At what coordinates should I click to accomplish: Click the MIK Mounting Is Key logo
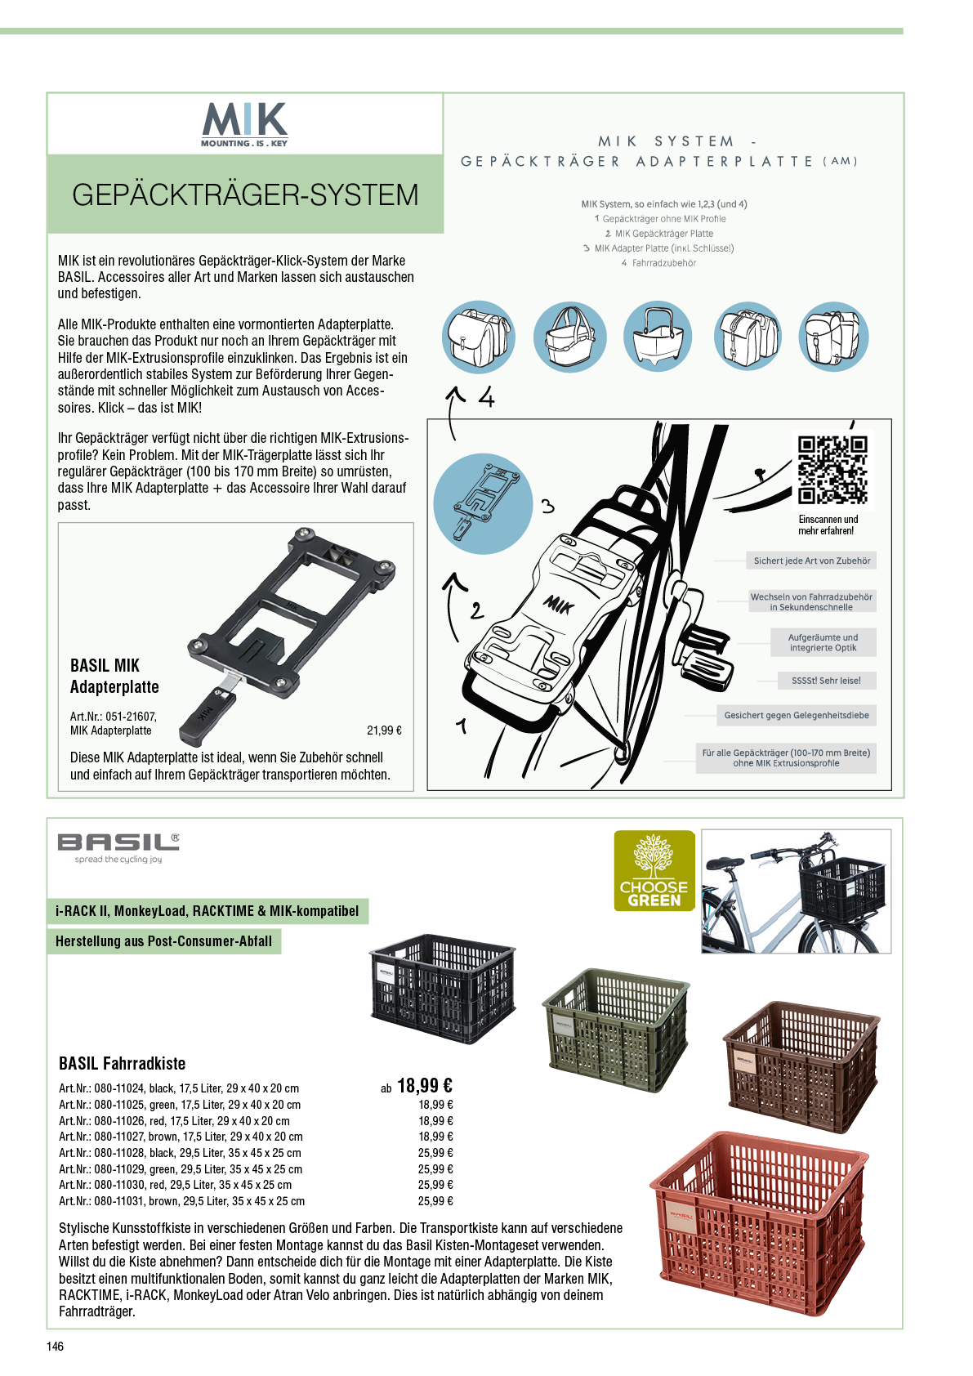point(244,125)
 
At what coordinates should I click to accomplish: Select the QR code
point(832,470)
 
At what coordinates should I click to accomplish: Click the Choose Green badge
point(654,870)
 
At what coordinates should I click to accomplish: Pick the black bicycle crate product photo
point(443,989)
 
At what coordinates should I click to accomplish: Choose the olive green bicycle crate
point(616,1030)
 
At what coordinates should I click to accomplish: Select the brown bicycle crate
point(801,1066)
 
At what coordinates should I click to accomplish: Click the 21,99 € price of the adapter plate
point(384,730)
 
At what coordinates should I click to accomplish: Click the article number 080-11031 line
point(182,1201)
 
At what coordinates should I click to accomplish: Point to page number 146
point(55,1347)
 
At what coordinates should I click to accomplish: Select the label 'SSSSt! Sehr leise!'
point(826,681)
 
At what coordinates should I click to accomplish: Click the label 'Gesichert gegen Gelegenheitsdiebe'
point(796,715)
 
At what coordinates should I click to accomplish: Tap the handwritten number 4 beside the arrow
point(487,397)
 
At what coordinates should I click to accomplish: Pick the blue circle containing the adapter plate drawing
point(483,503)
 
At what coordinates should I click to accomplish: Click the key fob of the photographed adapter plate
point(207,717)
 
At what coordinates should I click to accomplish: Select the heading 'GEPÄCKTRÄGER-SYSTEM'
point(245,194)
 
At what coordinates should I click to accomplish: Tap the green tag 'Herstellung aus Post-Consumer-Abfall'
point(164,941)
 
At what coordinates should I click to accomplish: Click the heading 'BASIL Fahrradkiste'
point(123,1063)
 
